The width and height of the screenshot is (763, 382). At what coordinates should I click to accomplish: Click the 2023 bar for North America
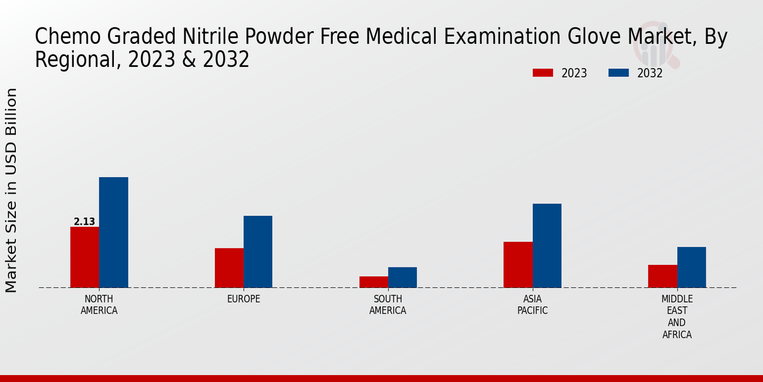click(85, 257)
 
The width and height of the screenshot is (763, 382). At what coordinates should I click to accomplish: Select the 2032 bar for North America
click(113, 232)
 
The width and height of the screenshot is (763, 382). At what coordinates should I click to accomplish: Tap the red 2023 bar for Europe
click(229, 268)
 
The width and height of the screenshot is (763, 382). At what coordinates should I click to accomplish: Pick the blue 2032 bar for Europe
click(258, 251)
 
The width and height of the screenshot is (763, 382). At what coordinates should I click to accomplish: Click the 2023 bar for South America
click(373, 282)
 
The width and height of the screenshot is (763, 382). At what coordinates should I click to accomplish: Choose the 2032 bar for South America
click(402, 278)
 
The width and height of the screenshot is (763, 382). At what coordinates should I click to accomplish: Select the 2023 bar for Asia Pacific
click(518, 265)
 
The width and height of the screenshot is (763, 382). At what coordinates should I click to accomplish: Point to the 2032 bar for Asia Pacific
click(547, 246)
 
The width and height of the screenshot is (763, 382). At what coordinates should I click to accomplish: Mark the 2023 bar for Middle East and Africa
click(663, 276)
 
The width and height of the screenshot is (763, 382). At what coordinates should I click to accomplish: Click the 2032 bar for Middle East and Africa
click(691, 267)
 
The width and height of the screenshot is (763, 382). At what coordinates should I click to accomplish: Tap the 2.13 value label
click(85, 222)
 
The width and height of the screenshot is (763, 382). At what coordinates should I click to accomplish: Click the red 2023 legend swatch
click(542, 73)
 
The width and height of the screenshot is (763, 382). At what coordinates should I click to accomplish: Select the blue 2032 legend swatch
click(619, 73)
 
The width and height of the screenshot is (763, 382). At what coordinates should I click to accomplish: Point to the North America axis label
click(99, 305)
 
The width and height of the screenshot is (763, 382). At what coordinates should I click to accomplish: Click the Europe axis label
click(244, 299)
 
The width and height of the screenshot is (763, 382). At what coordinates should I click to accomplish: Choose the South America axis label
click(388, 305)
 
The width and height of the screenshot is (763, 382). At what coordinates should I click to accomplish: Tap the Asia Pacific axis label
click(532, 305)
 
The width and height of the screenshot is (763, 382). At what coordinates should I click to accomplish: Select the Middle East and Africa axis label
click(677, 316)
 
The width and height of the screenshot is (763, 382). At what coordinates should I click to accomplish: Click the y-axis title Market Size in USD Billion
click(11, 190)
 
